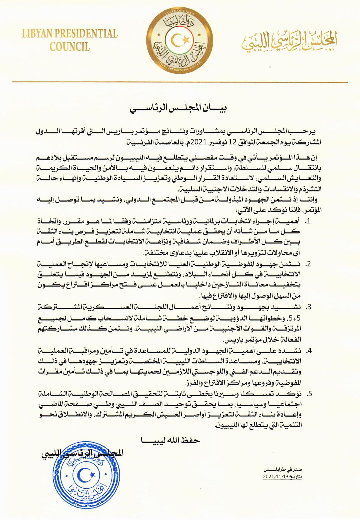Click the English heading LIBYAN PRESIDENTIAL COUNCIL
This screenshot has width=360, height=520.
(x=70, y=40)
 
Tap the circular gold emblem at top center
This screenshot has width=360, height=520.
(x=180, y=40)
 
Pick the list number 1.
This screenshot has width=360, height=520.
(x=308, y=221)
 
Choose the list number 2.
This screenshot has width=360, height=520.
(x=308, y=264)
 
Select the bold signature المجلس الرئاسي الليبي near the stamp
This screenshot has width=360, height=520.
(x=82, y=453)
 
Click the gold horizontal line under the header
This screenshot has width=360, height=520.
(x=180, y=82)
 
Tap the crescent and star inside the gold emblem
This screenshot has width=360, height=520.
(x=180, y=40)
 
